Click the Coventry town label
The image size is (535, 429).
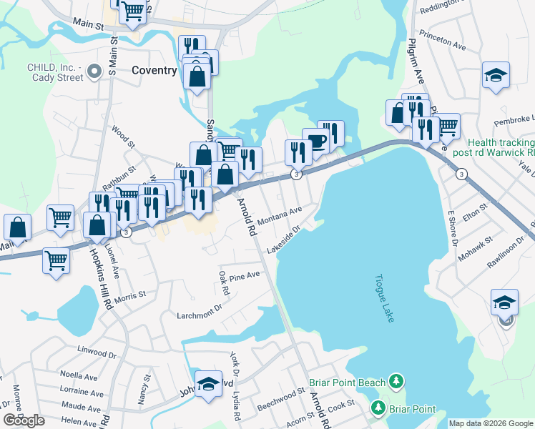coord(154,70)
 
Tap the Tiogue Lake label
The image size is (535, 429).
coord(383,297)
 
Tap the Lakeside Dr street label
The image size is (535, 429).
coord(283,240)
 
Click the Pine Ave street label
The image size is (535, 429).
coord(245,275)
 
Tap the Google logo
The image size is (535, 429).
coord(24,420)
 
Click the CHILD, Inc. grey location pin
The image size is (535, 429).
coord(94,71)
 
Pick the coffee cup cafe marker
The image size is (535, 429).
coord(315,140)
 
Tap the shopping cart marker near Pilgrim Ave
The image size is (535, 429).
coord(448,126)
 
